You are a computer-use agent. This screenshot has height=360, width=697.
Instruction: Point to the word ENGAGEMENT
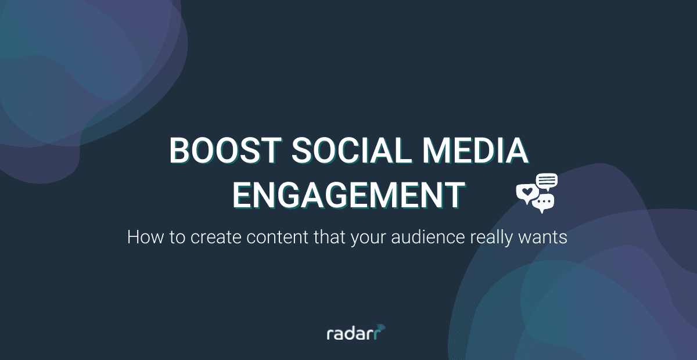click(x=348, y=195)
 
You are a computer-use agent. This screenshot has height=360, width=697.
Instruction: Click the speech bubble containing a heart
click(x=527, y=193)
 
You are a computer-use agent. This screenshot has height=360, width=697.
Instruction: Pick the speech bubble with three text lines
click(x=547, y=182)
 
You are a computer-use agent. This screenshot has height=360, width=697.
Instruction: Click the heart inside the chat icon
click(x=527, y=191)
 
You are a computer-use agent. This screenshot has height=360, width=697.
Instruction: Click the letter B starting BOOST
click(x=179, y=151)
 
